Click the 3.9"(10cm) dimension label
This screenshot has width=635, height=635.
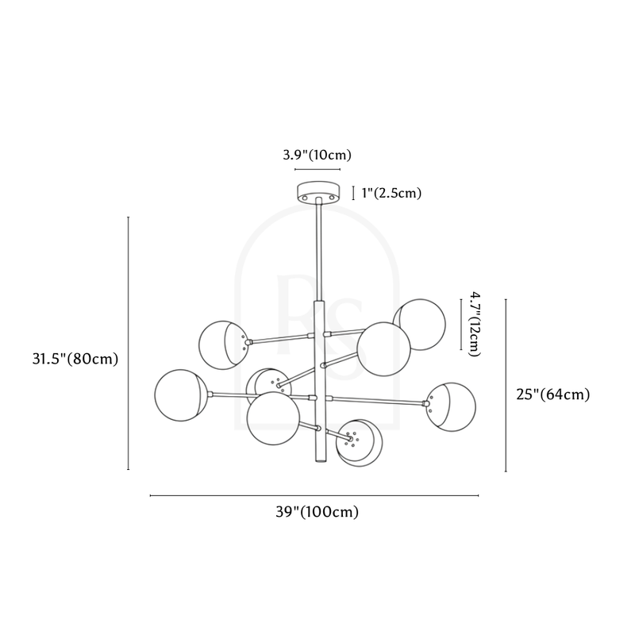(x=317, y=155)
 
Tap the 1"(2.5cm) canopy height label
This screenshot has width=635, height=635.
(x=391, y=193)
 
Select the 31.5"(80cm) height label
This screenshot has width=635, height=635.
(x=75, y=359)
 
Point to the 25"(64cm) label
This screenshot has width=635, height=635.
(x=552, y=394)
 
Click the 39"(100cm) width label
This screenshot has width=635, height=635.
(x=317, y=512)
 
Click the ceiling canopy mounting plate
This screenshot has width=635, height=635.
(x=319, y=192)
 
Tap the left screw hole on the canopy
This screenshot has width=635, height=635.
(x=305, y=198)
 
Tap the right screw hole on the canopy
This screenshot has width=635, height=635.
(x=333, y=198)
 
